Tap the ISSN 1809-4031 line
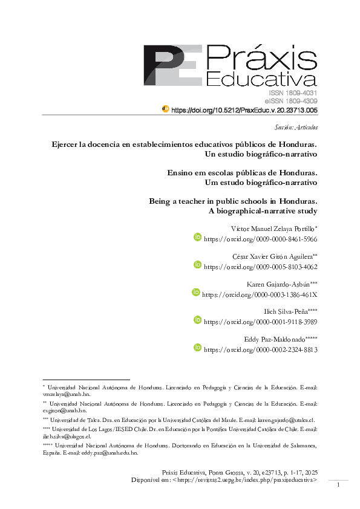[293, 93]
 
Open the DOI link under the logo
[244, 111]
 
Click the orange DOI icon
[165, 109]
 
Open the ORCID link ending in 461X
[260, 294]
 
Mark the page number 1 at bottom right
[339, 485]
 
